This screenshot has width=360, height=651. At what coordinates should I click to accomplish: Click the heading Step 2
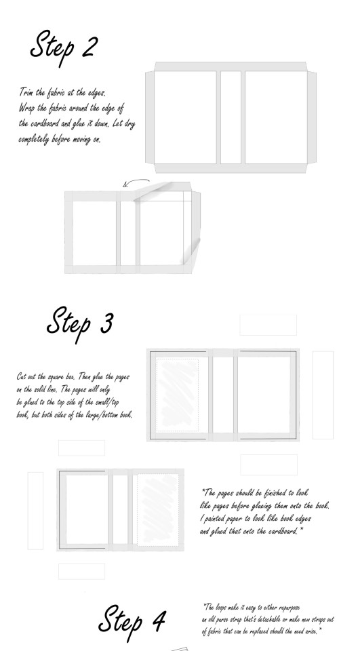point(64,47)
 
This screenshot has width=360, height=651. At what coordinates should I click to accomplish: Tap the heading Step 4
point(132,622)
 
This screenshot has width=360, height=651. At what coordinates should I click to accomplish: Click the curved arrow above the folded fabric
point(136,182)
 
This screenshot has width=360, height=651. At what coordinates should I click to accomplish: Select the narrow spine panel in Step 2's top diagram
point(231,117)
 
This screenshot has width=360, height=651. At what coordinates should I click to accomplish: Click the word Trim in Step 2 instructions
point(26,92)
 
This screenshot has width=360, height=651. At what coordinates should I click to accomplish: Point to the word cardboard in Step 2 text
point(45,123)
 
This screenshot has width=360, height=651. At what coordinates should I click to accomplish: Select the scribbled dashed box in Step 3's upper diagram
point(178,395)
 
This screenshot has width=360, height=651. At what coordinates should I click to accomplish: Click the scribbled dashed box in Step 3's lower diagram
point(158,510)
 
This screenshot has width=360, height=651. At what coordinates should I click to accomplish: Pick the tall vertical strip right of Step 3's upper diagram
point(323,395)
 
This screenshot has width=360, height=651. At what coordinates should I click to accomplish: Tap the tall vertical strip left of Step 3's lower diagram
point(35,511)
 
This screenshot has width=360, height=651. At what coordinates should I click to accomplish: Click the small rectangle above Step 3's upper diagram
point(268,325)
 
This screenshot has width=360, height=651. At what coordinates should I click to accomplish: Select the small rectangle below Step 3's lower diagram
point(81,571)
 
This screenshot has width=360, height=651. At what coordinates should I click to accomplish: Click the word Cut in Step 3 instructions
point(21,376)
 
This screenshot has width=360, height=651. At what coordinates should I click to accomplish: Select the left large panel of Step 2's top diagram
point(185,117)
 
